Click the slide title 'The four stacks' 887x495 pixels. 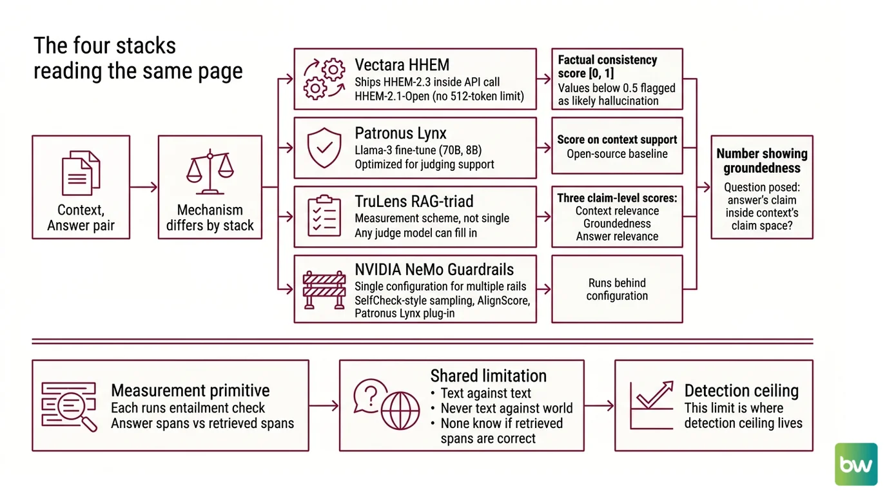pos(105,46)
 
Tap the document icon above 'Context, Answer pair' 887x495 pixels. pos(81,173)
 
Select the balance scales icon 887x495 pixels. pos(210,171)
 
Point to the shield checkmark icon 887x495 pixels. pos(324,148)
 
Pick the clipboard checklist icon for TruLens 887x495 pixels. pos(324,216)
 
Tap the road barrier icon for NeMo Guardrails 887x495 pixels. pos(324,289)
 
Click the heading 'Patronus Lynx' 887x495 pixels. pos(400,133)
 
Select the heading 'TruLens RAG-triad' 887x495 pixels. pos(414,202)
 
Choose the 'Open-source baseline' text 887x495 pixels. pos(617,153)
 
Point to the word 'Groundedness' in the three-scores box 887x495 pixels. pos(617,224)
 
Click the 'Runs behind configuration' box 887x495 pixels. pos(617,289)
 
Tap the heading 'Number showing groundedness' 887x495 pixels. pos(762,160)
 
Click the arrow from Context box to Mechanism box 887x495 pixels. pos(144,187)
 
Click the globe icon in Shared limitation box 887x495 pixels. pos(400,411)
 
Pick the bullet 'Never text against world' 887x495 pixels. pos(507,408)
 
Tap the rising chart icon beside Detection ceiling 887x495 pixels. pos(652,405)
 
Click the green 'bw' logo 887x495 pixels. pos(856,464)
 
